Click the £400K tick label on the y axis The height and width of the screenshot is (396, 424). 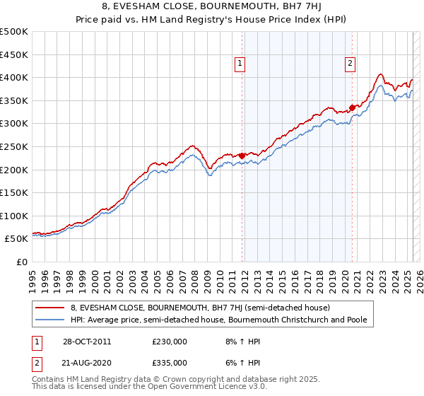(x=14, y=77)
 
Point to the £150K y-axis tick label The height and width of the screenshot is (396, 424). (x=14, y=192)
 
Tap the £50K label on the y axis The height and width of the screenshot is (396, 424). (x=17, y=239)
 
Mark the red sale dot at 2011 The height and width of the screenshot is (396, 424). (x=242, y=156)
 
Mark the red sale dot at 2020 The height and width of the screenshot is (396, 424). (x=352, y=107)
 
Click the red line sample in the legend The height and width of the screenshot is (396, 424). (x=50, y=308)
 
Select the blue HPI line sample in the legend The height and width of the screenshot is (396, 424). (x=50, y=320)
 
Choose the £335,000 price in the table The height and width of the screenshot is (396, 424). (x=170, y=362)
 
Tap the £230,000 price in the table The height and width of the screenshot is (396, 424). (x=170, y=341)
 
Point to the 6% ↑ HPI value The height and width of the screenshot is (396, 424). (x=241, y=362)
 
